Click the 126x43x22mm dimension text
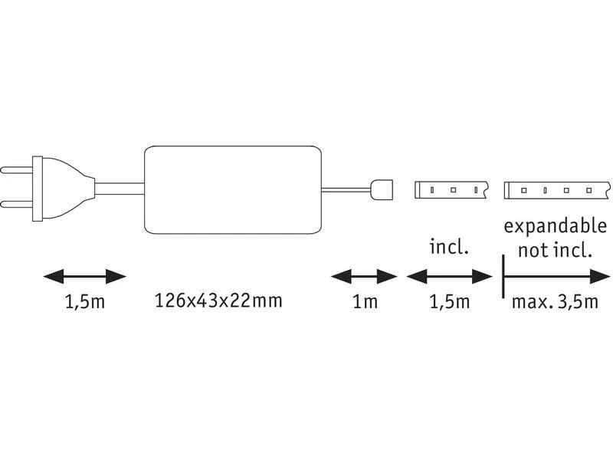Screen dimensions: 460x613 coord(218,301)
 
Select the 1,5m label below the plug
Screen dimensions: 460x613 coord(84,302)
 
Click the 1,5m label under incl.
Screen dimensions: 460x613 coord(448,302)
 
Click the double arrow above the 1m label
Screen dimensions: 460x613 coord(364,276)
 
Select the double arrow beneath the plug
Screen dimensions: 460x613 coord(84,276)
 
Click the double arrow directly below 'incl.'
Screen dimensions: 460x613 coord(448,276)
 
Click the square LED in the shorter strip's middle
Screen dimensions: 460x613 coord(453,189)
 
